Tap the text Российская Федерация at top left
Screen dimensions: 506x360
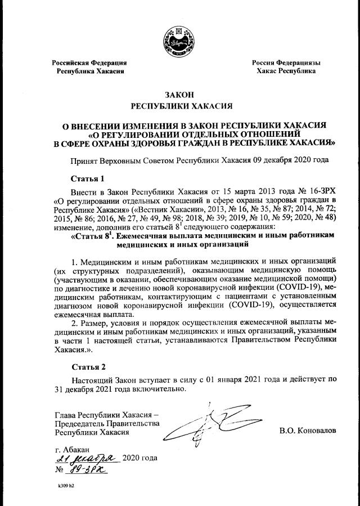coord(89,63)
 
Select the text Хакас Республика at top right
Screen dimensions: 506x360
coord(286,71)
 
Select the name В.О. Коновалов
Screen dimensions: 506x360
coord(307,431)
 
